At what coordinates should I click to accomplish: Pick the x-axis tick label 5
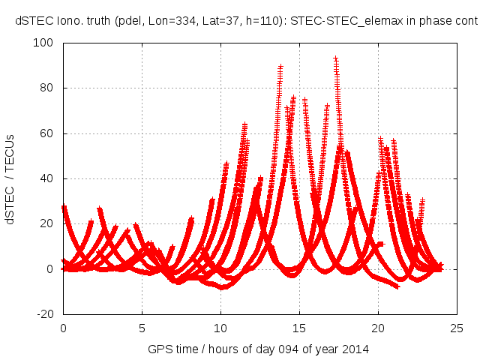point(142,328)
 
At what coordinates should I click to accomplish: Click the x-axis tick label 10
point(221,328)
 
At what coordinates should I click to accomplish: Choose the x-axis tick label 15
point(300,328)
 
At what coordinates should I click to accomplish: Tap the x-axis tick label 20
point(379,328)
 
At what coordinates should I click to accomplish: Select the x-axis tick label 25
point(457,328)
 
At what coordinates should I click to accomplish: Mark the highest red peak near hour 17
point(335,58)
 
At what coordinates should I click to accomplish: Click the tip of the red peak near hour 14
point(280,67)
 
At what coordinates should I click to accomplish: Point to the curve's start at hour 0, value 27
point(64,207)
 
